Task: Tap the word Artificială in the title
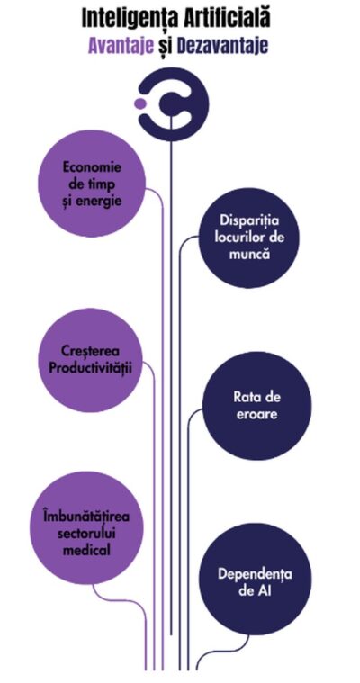coord(227,18)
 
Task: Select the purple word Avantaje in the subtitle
coord(121,46)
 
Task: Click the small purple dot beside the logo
coord(139,103)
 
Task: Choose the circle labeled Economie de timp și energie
coord(92,184)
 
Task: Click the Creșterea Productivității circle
coord(91,360)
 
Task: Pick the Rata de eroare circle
coord(257,406)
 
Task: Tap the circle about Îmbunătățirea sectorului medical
coord(86,528)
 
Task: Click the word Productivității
coord(90,368)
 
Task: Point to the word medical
coord(86,549)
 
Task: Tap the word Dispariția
coord(249,220)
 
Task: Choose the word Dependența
coord(256,573)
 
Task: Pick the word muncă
coord(249,254)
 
